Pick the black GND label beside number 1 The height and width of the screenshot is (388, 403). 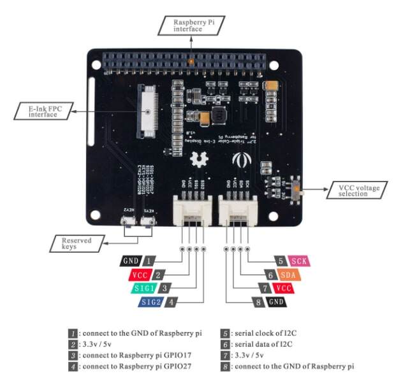(131, 261)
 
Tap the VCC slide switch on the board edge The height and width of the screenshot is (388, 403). (297, 190)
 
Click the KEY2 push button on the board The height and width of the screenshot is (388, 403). (128, 222)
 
